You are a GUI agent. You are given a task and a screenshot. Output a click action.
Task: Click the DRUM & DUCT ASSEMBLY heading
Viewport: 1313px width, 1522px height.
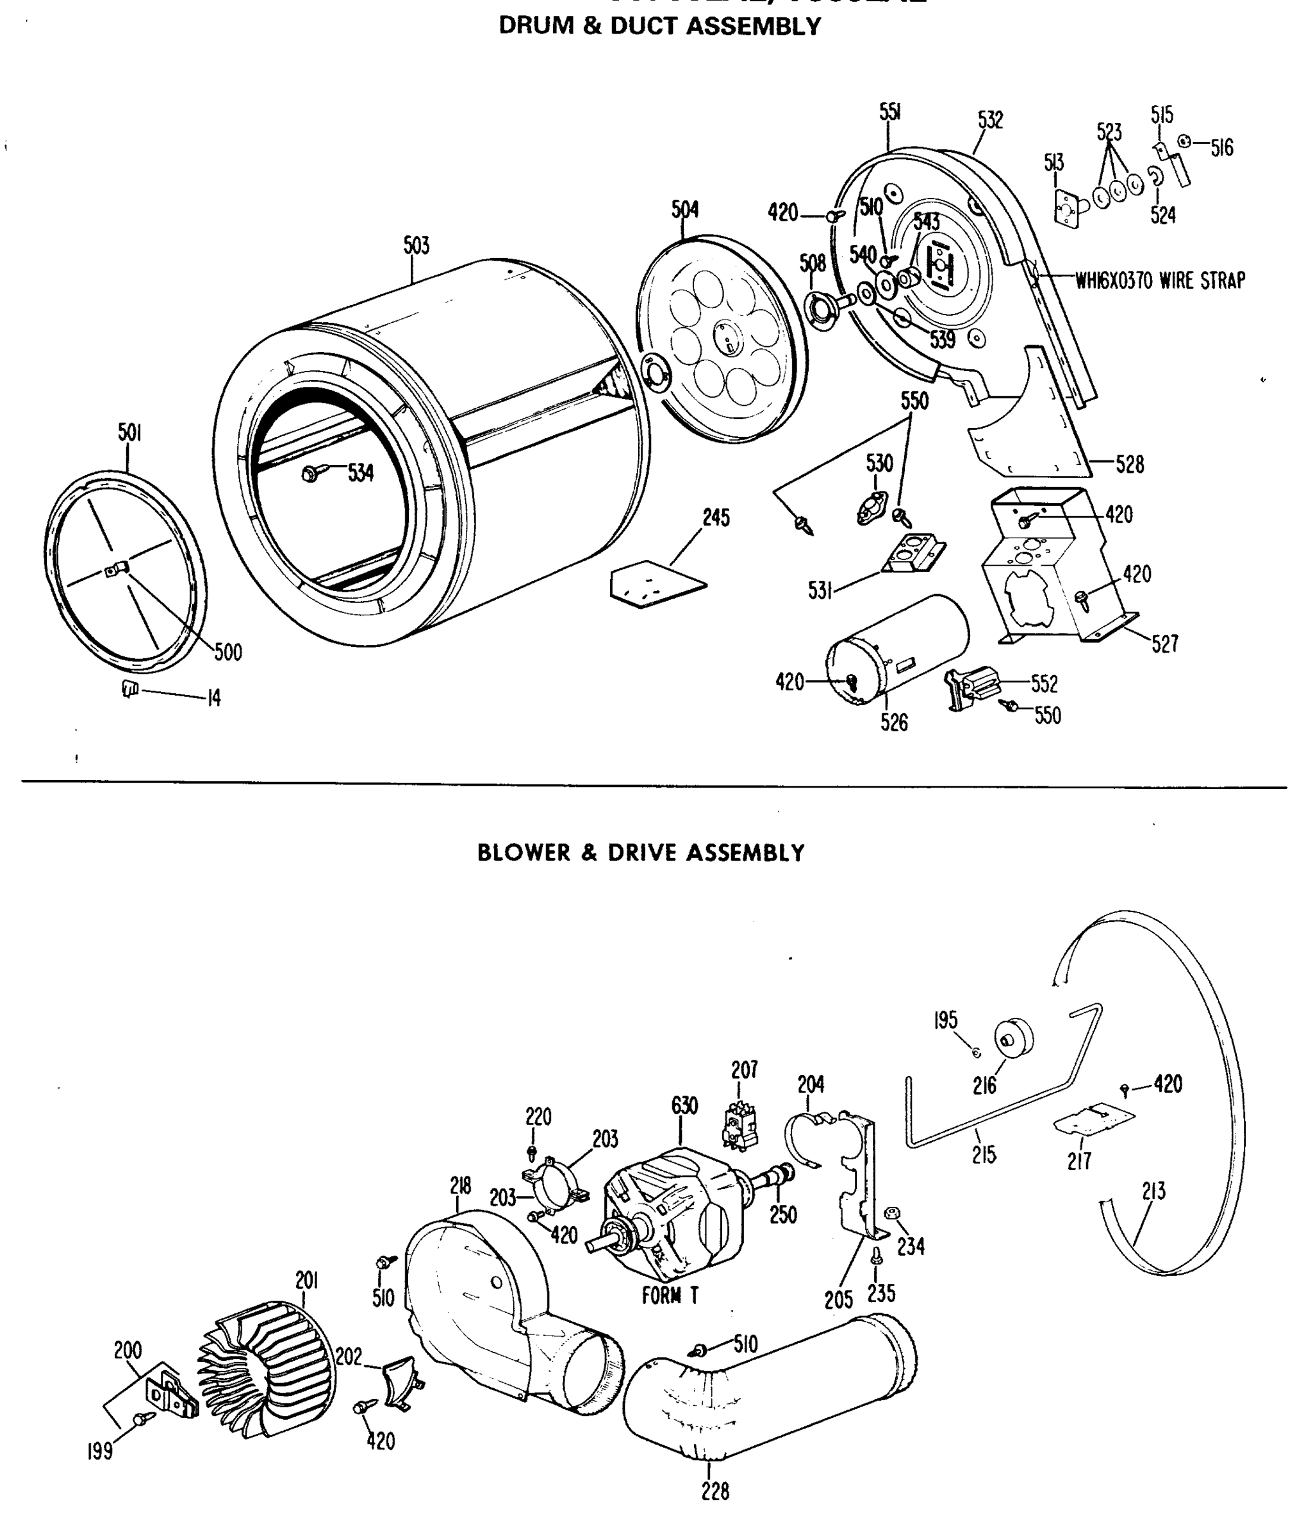pyautogui.click(x=659, y=27)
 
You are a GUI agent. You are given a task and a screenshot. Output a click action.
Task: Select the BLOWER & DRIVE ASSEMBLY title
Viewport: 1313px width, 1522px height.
pyautogui.click(x=641, y=853)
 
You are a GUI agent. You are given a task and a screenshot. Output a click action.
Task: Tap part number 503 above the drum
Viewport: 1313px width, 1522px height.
pyautogui.click(x=416, y=245)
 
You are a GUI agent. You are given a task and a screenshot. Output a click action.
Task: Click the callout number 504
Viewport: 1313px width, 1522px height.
pyautogui.click(x=685, y=209)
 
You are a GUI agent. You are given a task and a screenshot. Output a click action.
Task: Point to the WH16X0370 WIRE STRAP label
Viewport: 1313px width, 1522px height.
pyautogui.click(x=1160, y=280)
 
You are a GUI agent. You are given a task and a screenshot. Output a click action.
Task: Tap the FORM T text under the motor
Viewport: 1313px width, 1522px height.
pyautogui.click(x=669, y=1296)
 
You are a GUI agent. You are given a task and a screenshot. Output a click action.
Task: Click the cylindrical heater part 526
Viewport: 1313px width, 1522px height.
pyautogui.click(x=896, y=650)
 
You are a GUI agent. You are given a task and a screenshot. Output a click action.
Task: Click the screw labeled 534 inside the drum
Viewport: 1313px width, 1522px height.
pyautogui.click(x=310, y=474)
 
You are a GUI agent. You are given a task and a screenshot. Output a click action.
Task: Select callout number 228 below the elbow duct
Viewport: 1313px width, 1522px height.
pyautogui.click(x=715, y=1491)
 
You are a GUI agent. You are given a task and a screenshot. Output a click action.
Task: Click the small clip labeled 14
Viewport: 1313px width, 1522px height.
pyautogui.click(x=130, y=689)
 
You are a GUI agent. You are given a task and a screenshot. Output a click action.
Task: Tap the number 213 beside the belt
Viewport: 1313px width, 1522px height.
pyautogui.click(x=1154, y=1192)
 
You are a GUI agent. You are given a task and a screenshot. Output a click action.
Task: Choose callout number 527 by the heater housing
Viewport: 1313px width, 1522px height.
pyautogui.click(x=1165, y=644)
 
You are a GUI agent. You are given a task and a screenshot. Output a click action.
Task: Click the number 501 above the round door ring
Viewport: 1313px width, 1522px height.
pyautogui.click(x=129, y=433)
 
